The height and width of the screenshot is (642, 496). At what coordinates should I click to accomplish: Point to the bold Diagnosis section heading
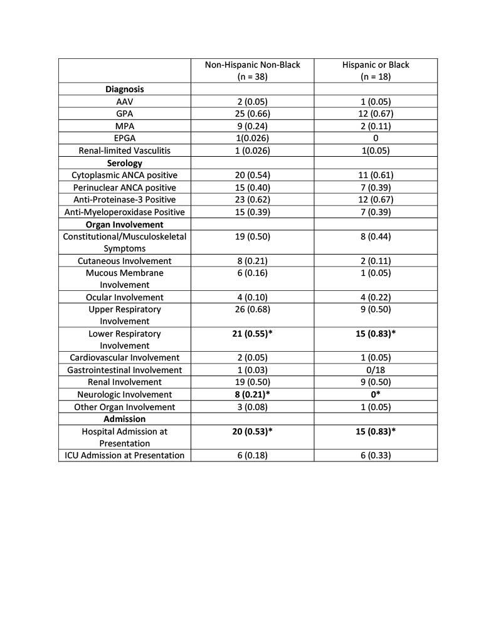tap(125, 90)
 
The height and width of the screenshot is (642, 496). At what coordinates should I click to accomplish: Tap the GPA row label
tap(125, 114)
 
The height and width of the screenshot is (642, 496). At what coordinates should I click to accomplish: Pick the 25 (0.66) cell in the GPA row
tap(253, 114)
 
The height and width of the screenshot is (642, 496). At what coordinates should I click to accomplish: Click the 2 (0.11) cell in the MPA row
tap(376, 126)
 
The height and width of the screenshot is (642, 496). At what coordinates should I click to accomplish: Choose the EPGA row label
tap(125, 139)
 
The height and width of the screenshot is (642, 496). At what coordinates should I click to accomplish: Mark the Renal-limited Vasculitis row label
tap(125, 150)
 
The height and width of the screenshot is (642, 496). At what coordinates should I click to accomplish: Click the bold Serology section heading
tap(125, 163)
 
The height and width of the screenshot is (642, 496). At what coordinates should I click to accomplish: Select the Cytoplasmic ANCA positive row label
tap(125, 175)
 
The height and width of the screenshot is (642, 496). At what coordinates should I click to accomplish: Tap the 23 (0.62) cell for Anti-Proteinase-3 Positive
tap(253, 199)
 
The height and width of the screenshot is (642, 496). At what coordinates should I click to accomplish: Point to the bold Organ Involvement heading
tap(125, 224)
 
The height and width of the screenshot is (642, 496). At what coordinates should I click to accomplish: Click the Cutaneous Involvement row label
tap(125, 260)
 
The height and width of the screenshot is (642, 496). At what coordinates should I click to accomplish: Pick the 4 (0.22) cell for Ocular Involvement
tap(376, 297)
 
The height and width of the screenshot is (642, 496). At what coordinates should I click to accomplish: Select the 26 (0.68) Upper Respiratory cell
tap(253, 309)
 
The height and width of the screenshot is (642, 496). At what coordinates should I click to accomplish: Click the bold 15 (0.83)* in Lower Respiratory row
tap(376, 334)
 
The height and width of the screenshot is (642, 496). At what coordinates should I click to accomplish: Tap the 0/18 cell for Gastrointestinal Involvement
tap(376, 370)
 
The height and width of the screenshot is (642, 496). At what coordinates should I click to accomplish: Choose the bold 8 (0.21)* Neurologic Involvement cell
tap(253, 394)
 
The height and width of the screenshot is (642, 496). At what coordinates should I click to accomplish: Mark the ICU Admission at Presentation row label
tap(125, 455)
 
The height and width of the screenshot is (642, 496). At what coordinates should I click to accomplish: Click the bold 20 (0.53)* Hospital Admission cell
tap(253, 431)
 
